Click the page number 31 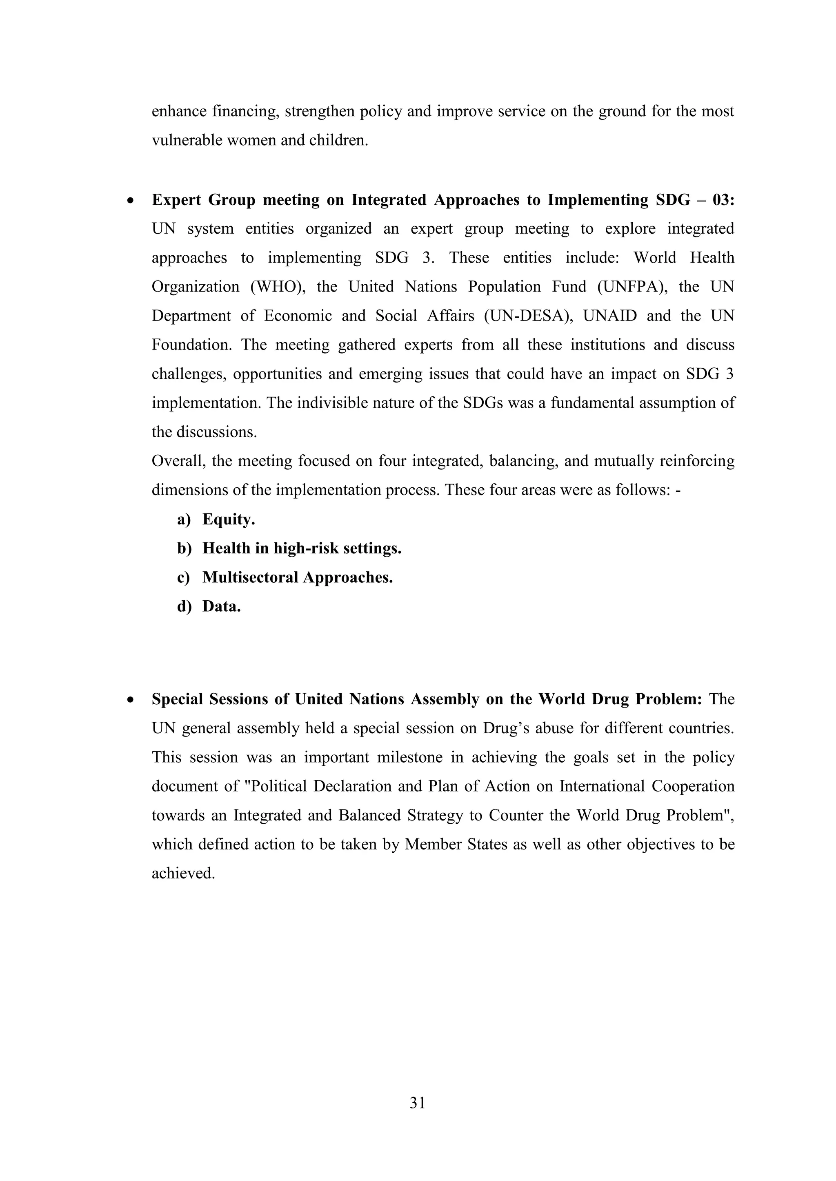coord(418,1102)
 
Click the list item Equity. coord(229,520)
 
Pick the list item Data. coord(221,606)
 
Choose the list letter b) coord(184,549)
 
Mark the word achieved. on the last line coord(183,874)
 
